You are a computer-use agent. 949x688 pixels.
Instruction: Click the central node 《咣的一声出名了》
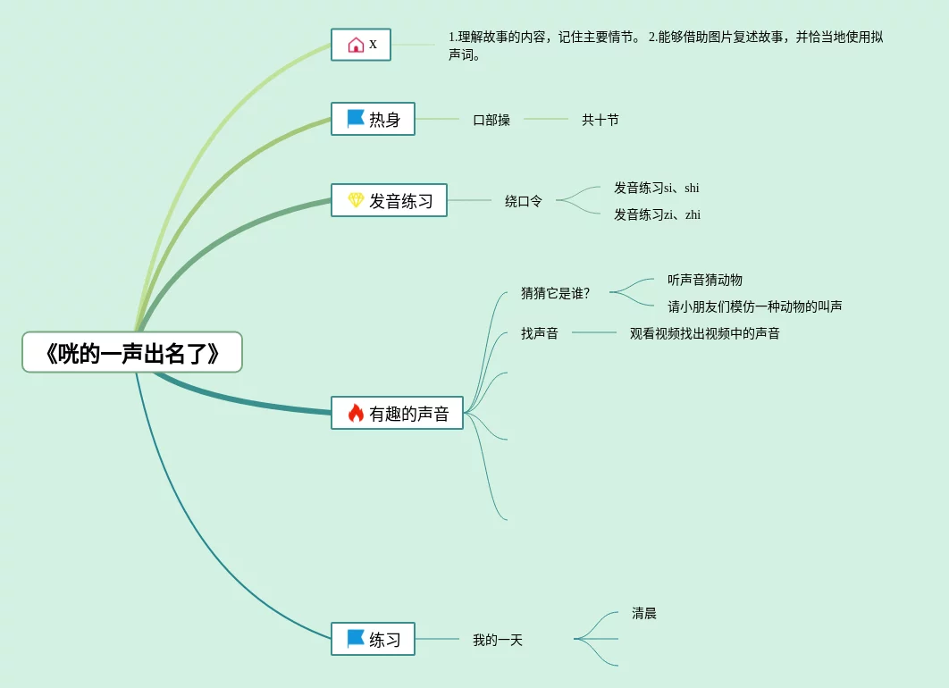coord(132,352)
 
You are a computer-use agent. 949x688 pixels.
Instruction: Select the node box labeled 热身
coord(373,119)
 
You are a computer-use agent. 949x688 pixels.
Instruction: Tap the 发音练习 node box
coord(389,200)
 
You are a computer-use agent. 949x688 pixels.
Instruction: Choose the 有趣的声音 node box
coord(397,413)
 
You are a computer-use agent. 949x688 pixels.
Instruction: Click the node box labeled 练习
coord(373,639)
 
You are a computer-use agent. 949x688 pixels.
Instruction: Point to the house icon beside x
coord(356,45)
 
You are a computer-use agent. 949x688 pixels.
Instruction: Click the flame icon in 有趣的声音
coord(356,413)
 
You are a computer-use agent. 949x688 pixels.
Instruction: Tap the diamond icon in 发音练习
coord(356,200)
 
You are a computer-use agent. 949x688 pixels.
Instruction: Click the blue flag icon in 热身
coord(356,118)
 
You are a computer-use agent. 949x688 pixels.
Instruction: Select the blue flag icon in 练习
coord(356,638)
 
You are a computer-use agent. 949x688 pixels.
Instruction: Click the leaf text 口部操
coord(491,120)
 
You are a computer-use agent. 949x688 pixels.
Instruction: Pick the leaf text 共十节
coord(600,120)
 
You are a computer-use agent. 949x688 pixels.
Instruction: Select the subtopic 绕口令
coord(524,201)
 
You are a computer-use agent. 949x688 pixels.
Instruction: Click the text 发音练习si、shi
coord(657,188)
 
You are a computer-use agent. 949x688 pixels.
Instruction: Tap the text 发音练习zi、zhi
coord(657,214)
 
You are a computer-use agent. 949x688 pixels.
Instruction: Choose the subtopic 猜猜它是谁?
coord(556,293)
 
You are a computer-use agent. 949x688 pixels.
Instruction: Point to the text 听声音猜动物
coord(705,280)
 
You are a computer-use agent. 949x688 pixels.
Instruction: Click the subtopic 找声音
coord(540,333)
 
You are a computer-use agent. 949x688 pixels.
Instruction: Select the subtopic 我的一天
coord(498,640)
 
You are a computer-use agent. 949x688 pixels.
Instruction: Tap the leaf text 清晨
coord(644,613)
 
